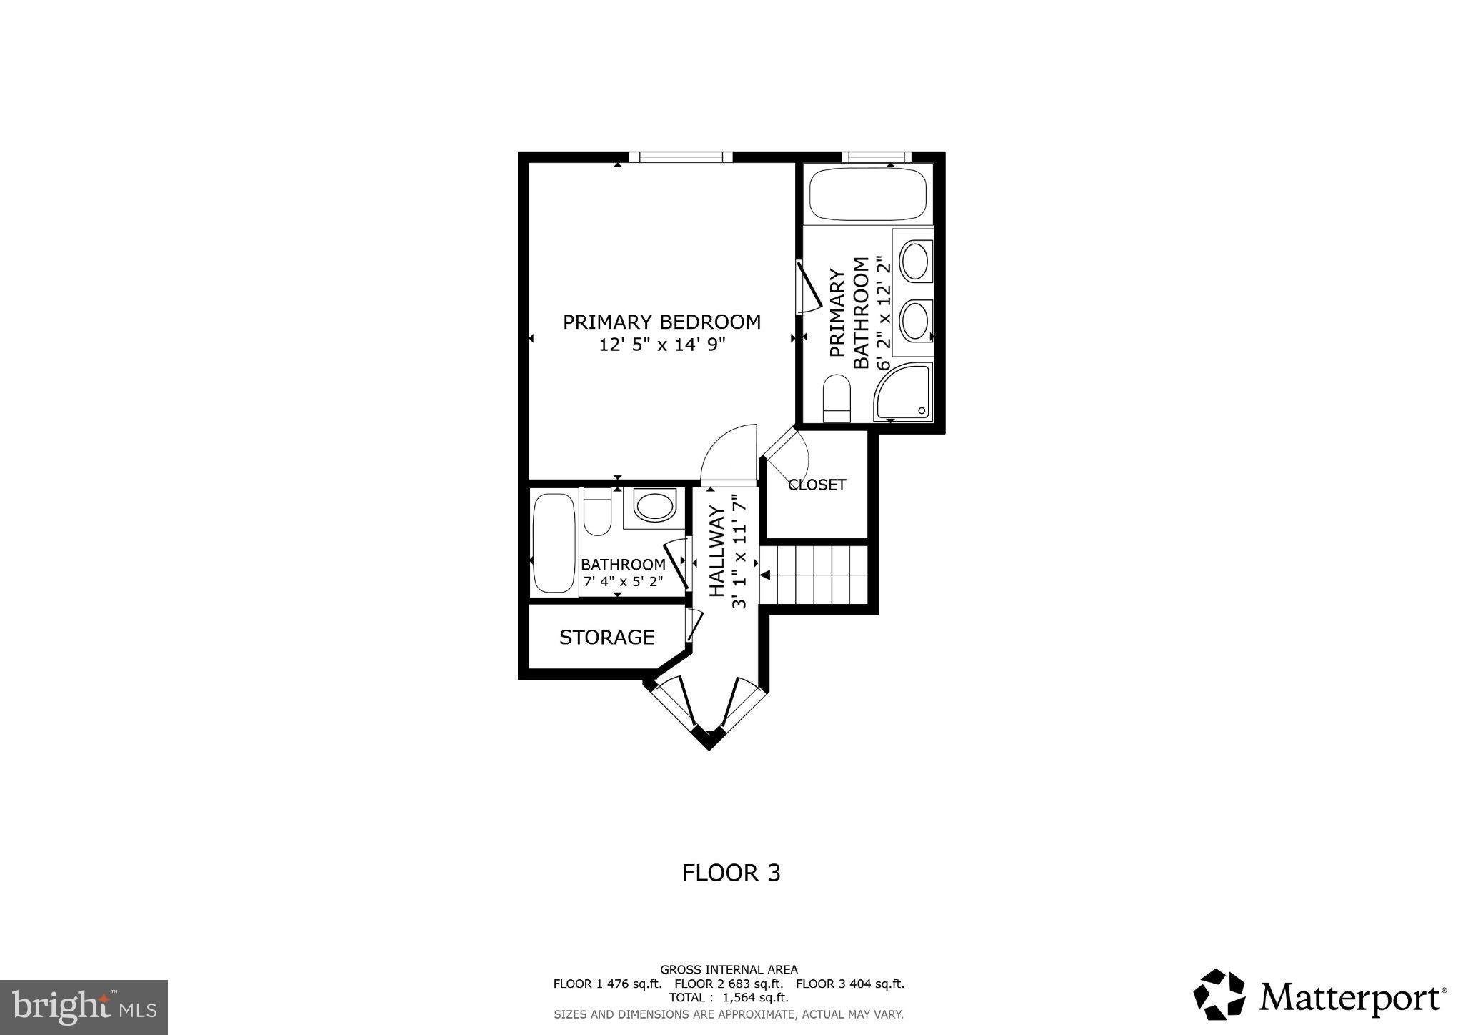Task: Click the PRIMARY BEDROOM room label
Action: (x=661, y=322)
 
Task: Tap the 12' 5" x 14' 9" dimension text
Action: (x=661, y=345)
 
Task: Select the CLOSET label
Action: (x=817, y=485)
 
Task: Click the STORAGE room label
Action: (x=606, y=637)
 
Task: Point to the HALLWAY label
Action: (x=716, y=551)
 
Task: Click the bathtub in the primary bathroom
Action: (x=868, y=193)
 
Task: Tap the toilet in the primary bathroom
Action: (x=836, y=398)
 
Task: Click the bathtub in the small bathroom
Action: (x=554, y=543)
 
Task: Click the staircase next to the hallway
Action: (x=814, y=574)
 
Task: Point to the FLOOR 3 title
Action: (x=731, y=873)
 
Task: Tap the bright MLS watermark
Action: (x=84, y=1007)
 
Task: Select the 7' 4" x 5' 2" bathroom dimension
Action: (x=623, y=581)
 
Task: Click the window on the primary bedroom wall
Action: (x=681, y=157)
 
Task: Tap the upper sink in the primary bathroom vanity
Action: (x=914, y=261)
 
